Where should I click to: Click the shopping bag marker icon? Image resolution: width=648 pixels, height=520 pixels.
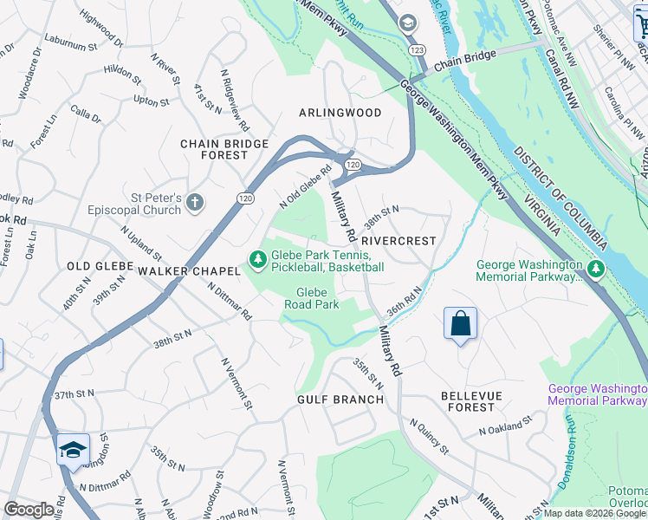pos(461,324)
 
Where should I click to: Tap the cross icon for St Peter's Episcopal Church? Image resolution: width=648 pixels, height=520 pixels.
pos(195,203)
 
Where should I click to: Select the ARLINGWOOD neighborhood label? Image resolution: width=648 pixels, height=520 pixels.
pos(340,113)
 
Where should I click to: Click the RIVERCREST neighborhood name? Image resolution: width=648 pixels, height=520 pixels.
pos(398,240)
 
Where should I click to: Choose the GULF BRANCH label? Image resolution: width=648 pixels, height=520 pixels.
pos(340,400)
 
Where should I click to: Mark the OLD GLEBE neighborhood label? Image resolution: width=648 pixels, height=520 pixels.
pos(100,266)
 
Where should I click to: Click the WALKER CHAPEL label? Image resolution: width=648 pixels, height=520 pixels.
pos(188,271)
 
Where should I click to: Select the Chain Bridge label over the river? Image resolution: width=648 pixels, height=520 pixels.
pos(465,59)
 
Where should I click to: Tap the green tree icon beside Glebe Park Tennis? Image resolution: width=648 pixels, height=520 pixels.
pos(257,259)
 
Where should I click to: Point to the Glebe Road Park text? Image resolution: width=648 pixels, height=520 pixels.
pos(313,298)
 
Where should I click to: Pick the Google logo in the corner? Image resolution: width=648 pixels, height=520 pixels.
pos(29,509)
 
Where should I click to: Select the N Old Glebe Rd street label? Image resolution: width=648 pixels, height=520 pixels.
pos(306,187)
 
